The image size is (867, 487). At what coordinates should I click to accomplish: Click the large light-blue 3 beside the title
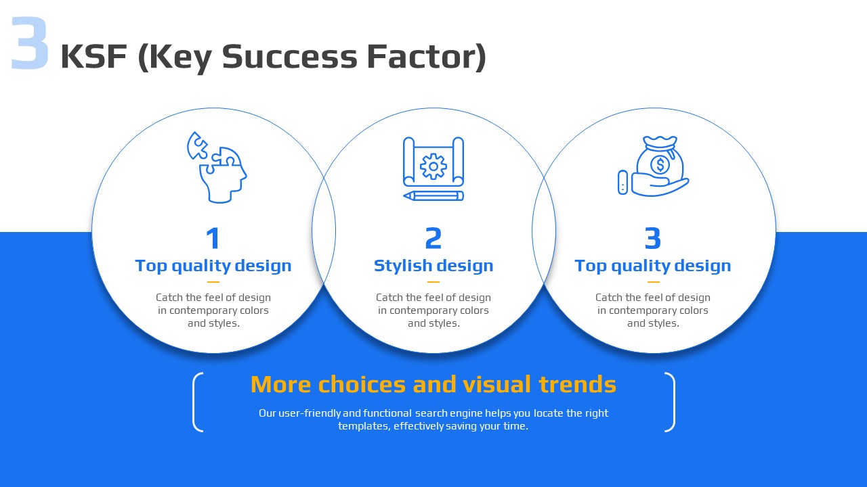[x=30, y=43]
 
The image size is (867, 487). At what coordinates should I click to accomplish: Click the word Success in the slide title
[x=289, y=56]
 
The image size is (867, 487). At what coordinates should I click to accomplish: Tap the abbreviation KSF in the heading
[x=94, y=56]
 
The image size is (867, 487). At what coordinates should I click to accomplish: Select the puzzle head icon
[x=217, y=167]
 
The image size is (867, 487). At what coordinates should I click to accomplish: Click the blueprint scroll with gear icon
[x=433, y=168]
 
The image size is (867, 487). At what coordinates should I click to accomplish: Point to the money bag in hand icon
[x=654, y=166]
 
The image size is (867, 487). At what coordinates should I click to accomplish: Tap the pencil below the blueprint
[x=433, y=196]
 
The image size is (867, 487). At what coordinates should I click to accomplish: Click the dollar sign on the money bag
[x=660, y=164]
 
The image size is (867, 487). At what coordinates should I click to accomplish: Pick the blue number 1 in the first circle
[x=213, y=238]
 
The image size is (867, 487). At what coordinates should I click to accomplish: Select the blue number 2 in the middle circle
[x=433, y=238]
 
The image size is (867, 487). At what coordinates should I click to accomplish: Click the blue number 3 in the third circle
[x=653, y=238]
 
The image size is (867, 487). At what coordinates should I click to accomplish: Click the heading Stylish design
[x=433, y=266]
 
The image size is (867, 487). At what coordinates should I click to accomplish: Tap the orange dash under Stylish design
[x=433, y=282]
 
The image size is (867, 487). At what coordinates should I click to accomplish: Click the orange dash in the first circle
[x=213, y=282]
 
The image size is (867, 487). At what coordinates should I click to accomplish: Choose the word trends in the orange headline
[x=577, y=384]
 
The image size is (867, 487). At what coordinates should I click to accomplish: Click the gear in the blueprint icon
[x=433, y=166]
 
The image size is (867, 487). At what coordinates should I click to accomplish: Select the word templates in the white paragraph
[x=364, y=426]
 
